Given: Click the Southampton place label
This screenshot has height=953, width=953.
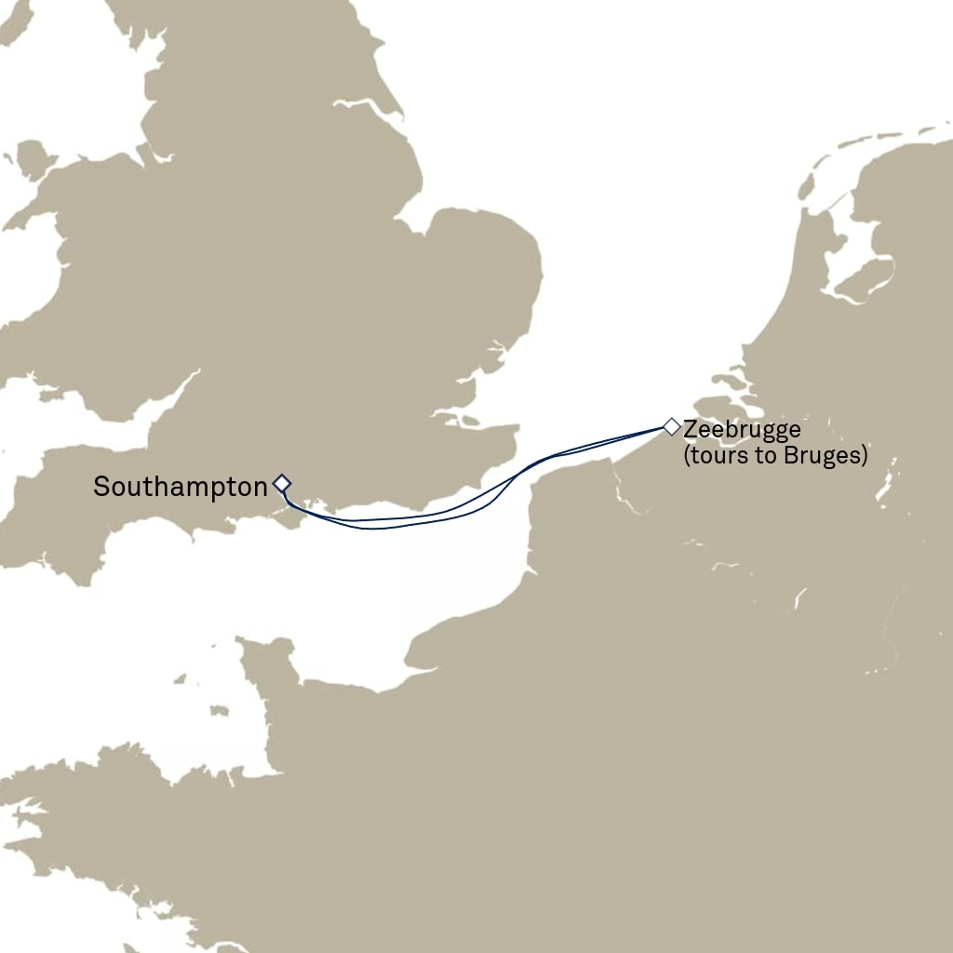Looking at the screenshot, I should [x=181, y=487].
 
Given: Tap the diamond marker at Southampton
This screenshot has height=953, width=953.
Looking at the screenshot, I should [x=282, y=483].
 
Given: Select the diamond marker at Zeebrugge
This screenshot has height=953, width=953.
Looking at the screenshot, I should [x=671, y=427].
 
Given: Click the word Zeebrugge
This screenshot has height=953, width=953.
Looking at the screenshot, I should [x=742, y=431].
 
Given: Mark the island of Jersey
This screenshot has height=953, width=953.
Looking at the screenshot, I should [x=219, y=711].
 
